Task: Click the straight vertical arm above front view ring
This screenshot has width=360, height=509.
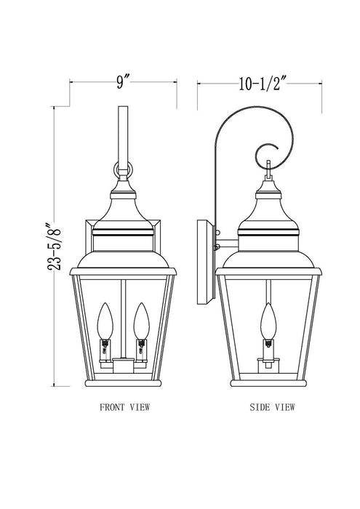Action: (x=121, y=131)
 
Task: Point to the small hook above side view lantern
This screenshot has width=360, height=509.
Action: (x=268, y=172)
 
